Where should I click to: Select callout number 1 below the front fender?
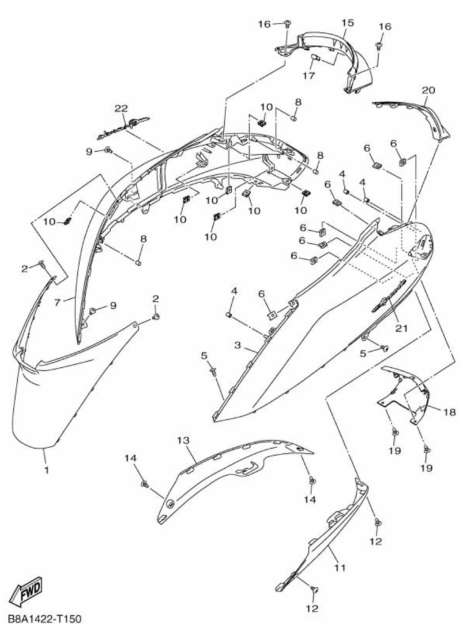[46, 470]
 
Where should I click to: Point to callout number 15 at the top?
[348, 23]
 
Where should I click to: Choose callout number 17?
[309, 75]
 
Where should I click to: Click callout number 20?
[428, 90]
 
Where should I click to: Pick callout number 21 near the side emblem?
[401, 329]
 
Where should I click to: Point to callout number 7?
[57, 302]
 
